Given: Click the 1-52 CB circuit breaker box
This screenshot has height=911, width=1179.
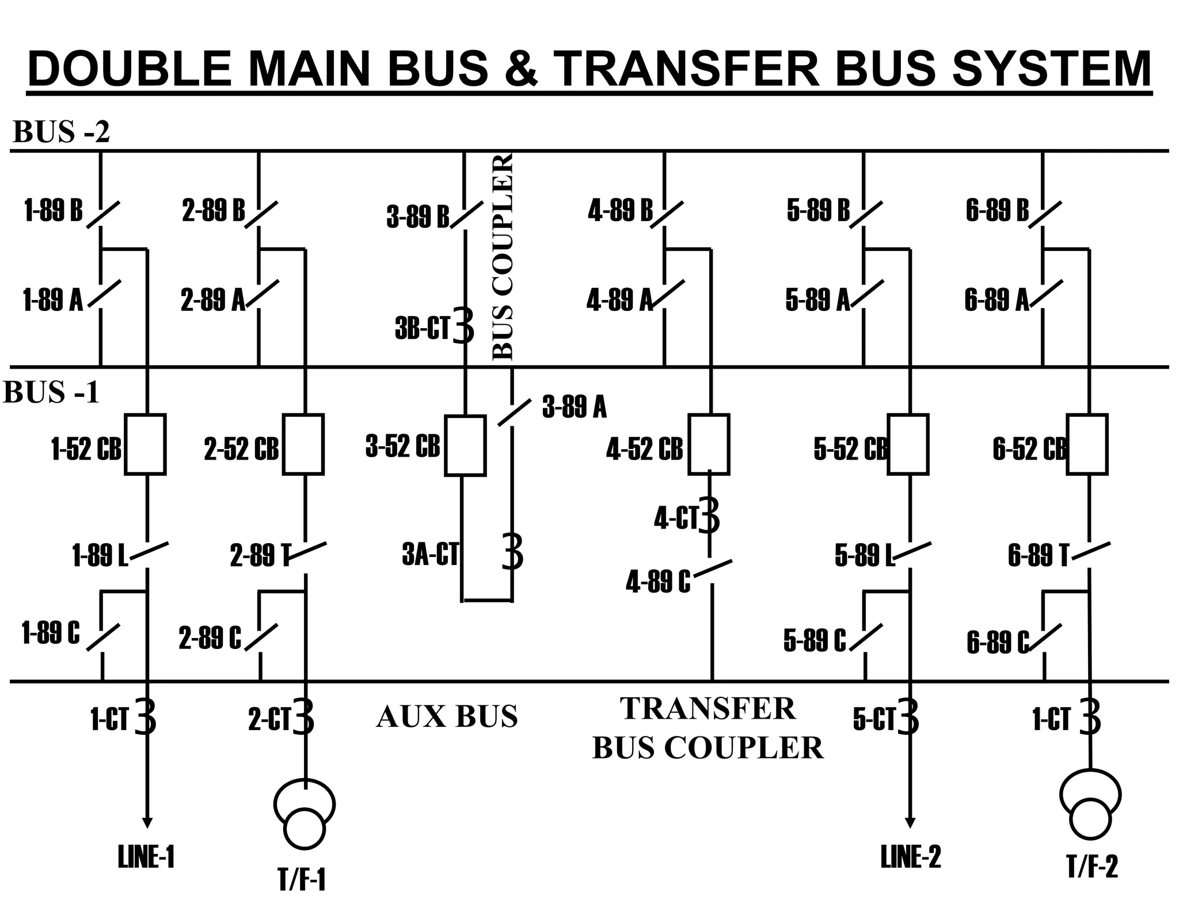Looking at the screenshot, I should [x=145, y=444].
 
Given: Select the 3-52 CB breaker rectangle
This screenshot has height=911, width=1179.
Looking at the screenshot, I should [x=465, y=446].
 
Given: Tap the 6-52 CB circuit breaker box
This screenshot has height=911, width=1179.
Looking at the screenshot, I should [x=1087, y=444].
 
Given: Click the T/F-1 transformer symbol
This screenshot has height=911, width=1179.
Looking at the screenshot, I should [x=305, y=814].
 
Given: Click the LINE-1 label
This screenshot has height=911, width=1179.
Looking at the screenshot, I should [x=146, y=857].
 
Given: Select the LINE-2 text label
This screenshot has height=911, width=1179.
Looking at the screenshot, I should [x=910, y=857].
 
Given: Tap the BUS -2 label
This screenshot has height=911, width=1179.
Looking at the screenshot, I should [x=60, y=132].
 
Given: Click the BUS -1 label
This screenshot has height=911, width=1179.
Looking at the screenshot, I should [x=51, y=393].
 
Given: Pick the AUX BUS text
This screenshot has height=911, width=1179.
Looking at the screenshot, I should [x=447, y=717].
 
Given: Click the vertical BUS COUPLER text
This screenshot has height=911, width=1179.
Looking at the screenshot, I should [x=503, y=257].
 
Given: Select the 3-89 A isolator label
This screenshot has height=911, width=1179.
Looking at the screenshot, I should [x=574, y=407].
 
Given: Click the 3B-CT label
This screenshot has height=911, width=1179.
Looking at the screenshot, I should [x=422, y=328].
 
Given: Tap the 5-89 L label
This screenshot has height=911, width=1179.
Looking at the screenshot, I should [x=864, y=555].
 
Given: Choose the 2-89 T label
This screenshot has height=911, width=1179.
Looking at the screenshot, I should [x=260, y=556].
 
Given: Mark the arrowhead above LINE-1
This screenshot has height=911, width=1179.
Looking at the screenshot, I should [x=147, y=822].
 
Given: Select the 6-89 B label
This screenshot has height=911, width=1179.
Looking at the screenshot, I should [x=997, y=211].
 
